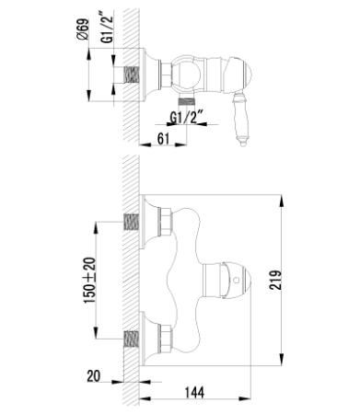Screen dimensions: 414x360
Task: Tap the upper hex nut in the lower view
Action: [x=164, y=222]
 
